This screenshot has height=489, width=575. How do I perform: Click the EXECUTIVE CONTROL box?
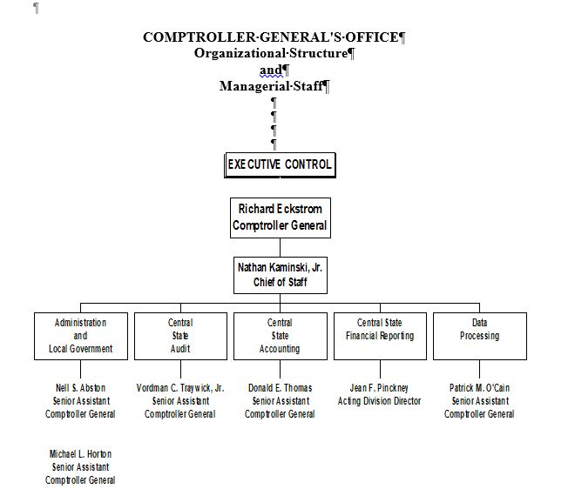pyautogui.click(x=280, y=164)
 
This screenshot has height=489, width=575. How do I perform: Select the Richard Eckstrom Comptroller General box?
pyautogui.click(x=280, y=218)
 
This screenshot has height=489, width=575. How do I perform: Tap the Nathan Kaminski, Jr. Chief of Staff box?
pyautogui.click(x=280, y=275)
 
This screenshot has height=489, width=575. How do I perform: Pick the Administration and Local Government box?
pyautogui.click(x=80, y=336)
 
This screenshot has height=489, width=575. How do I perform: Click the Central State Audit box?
pyautogui.click(x=180, y=336)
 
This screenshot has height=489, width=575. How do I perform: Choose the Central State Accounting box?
pyautogui.click(x=280, y=336)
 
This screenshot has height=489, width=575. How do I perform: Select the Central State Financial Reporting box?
pyautogui.click(x=379, y=336)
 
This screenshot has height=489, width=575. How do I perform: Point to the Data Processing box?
pyautogui.click(x=479, y=336)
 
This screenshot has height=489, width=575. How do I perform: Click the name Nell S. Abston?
pyautogui.click(x=80, y=388)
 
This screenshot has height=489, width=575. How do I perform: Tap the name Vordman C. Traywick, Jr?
pyautogui.click(x=180, y=388)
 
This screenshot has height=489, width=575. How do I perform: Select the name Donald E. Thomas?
pyautogui.click(x=280, y=388)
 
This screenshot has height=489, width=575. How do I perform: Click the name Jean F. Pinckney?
pyautogui.click(x=379, y=388)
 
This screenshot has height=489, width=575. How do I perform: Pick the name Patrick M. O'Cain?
pyautogui.click(x=479, y=388)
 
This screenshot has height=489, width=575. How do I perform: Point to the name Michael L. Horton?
pyautogui.click(x=80, y=454)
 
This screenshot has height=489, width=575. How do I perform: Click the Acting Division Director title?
pyautogui.click(x=379, y=401)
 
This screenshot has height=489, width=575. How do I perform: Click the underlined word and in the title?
pyautogui.click(x=271, y=70)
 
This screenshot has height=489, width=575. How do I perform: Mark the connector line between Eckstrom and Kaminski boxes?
pyautogui.click(x=280, y=246)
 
